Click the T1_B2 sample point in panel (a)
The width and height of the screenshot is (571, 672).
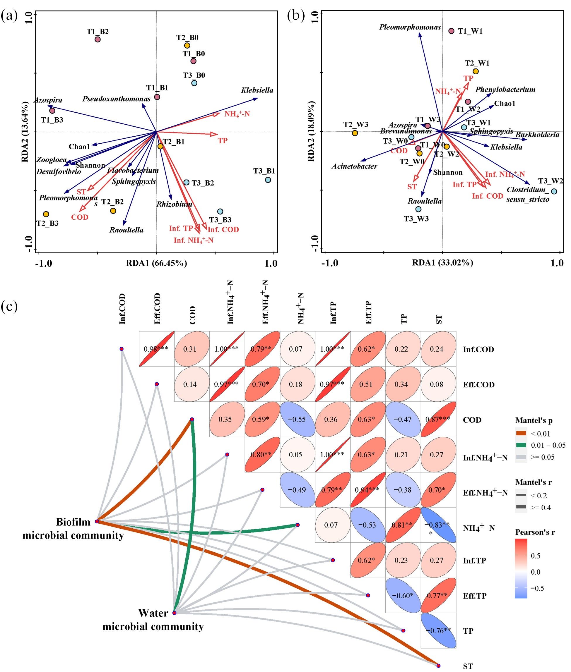tap(98, 39)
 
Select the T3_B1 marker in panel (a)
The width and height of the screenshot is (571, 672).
tap(268, 180)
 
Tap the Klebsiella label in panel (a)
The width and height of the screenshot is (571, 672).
tap(257, 90)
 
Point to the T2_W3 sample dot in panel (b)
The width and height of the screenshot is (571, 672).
tap(355, 133)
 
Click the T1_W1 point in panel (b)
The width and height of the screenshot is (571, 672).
tap(451, 31)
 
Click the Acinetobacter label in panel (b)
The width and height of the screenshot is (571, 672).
tap(354, 166)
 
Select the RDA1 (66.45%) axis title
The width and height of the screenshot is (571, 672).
tap(157, 263)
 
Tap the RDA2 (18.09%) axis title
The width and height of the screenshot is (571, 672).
tap(311, 131)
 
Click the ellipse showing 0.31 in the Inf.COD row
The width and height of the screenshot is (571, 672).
tap(192, 349)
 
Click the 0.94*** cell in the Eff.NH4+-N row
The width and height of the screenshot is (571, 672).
tap(368, 490)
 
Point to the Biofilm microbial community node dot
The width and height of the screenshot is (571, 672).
tap(97, 521)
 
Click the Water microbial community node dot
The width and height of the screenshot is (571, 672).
tap(174, 613)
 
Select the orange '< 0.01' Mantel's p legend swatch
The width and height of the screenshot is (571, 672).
tap(521, 434)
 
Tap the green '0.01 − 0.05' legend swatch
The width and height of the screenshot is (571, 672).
tap(521, 445)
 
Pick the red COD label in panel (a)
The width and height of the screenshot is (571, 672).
tap(80, 217)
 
